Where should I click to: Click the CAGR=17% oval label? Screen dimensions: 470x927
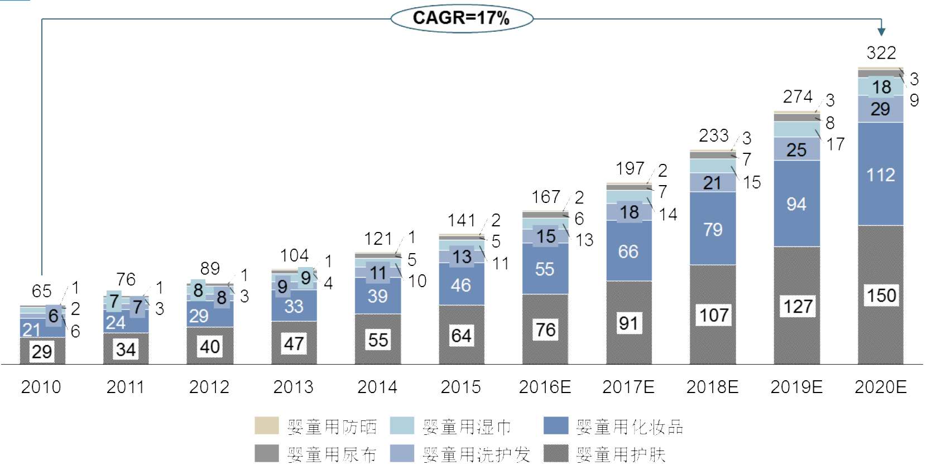(x=462, y=18)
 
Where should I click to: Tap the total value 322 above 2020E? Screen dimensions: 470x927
(x=881, y=53)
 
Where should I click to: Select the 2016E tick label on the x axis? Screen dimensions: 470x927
(x=545, y=387)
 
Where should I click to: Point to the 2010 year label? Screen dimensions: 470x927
(x=41, y=387)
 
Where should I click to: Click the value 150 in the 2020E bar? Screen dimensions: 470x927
(x=881, y=295)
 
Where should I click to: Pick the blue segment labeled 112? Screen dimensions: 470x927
(x=881, y=175)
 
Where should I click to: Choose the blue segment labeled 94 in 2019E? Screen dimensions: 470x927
(x=796, y=204)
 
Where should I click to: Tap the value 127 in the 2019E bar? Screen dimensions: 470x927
(x=798, y=307)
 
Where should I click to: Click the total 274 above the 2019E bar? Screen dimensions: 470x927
(x=798, y=97)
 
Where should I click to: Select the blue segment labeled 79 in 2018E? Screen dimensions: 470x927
(x=713, y=229)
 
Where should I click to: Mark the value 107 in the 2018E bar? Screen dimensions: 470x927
(x=714, y=316)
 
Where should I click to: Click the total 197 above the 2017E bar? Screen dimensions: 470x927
(x=630, y=168)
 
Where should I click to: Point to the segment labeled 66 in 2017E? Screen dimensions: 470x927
(x=628, y=251)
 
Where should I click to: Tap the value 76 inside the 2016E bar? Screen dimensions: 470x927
(x=545, y=330)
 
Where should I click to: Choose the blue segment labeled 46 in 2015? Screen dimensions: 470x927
(x=461, y=285)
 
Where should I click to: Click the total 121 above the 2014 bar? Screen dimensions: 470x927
(x=378, y=239)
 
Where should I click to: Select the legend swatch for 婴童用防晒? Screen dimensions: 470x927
(x=266, y=425)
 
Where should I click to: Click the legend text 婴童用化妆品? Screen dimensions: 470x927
(x=630, y=428)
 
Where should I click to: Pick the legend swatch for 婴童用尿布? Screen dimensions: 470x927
(x=266, y=453)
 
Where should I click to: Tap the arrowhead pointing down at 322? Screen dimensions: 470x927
(x=881, y=32)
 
